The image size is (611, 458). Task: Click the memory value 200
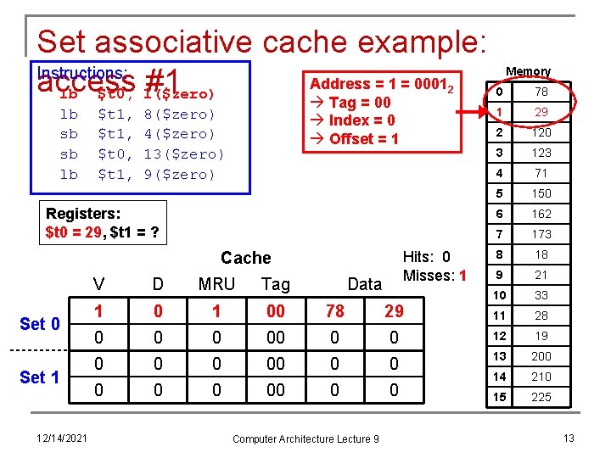pyautogui.click(x=541, y=356)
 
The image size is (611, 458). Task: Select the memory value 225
pyautogui.click(x=541, y=397)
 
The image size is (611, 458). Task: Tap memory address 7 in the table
pyautogui.click(x=500, y=234)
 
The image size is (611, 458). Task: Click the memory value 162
pyautogui.click(x=541, y=214)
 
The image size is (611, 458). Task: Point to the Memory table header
pyautogui.click(x=528, y=71)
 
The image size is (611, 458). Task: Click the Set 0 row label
pyautogui.click(x=40, y=324)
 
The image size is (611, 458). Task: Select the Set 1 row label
pyautogui.click(x=40, y=377)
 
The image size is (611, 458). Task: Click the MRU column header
pyautogui.click(x=216, y=284)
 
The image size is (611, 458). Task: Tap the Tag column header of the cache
pyautogui.click(x=276, y=284)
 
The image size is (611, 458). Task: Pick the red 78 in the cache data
pyautogui.click(x=335, y=311)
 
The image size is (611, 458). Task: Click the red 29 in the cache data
pyautogui.click(x=394, y=311)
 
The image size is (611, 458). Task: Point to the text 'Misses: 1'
pyautogui.click(x=434, y=275)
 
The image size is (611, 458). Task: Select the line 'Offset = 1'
pyautogui.click(x=356, y=138)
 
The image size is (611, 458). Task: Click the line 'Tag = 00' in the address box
pyautogui.click(x=351, y=102)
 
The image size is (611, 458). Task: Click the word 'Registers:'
pyautogui.click(x=83, y=214)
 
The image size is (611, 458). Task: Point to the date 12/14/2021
pyautogui.click(x=62, y=438)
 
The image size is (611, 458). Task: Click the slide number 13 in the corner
pyautogui.click(x=569, y=437)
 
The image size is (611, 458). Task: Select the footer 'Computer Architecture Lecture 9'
pyautogui.click(x=305, y=438)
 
